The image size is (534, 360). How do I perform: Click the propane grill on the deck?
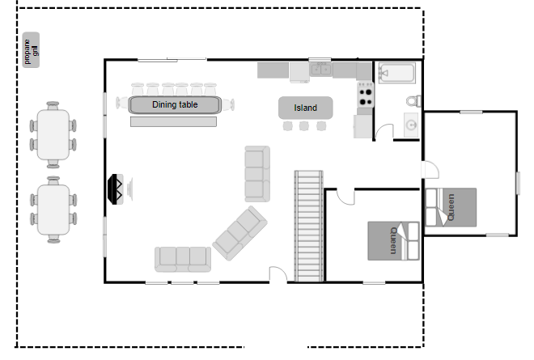coord(31,49)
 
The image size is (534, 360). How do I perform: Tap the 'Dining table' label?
coord(175,104)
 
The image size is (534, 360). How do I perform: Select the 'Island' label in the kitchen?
coord(306,108)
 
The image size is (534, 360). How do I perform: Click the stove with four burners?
coord(366,95)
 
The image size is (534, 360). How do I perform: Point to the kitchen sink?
coord(321,70)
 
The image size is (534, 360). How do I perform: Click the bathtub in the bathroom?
coord(397,73)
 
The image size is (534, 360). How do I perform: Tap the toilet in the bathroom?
coord(413,101)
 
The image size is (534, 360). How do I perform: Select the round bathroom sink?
coord(411,125)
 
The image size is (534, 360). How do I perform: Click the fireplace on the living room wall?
coord(116,189)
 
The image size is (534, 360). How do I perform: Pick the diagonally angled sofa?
coord(239,233)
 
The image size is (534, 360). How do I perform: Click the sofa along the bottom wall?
coord(183,259)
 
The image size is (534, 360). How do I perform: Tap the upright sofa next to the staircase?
coord(257,174)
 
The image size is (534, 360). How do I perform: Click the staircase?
coord(308,227)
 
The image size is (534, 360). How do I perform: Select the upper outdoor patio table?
coord(53,135)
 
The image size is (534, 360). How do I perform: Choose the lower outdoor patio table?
coord(53,210)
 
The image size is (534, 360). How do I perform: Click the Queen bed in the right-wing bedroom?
coord(451,207)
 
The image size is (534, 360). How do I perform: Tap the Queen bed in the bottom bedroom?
coord(393,241)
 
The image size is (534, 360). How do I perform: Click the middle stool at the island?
coord(304,126)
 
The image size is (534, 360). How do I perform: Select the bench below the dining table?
coord(173,121)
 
